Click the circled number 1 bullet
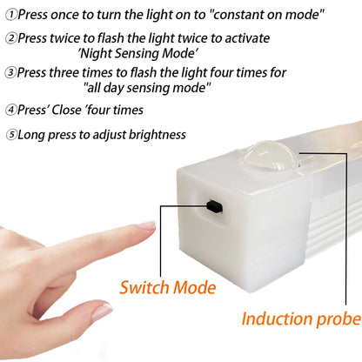[10, 14]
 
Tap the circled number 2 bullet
[10, 39]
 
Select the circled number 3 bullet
[10, 72]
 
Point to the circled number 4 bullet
[10, 110]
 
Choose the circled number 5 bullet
[10, 135]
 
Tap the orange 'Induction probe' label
[300, 318]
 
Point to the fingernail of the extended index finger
[146, 225]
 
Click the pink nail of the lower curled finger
[103, 311]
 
